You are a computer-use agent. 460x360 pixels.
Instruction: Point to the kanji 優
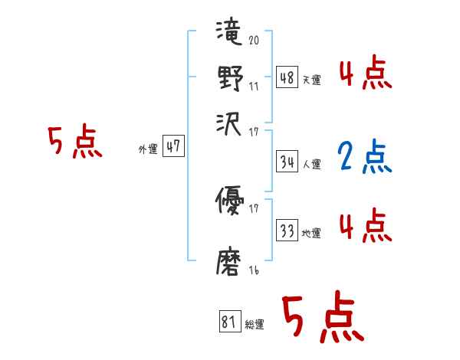point(229,203)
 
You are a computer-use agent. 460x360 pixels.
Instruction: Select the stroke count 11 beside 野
point(254,87)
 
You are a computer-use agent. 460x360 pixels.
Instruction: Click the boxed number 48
point(287,77)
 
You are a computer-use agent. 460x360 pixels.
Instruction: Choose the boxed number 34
point(287,162)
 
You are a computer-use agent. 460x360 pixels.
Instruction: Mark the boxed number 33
point(287,231)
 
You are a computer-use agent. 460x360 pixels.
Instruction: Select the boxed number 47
point(173,147)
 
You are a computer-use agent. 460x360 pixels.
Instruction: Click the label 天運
point(311,79)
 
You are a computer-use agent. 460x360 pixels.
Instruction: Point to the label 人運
point(311,164)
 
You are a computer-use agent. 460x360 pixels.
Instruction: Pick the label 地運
point(311,233)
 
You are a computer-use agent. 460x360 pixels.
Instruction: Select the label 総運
point(255,325)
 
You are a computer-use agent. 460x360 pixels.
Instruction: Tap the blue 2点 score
point(365,155)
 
